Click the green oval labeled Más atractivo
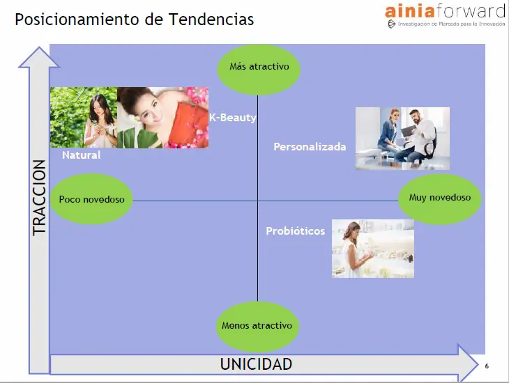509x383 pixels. point(259,70)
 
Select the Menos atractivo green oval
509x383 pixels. point(257,327)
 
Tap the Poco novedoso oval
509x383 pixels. point(91,199)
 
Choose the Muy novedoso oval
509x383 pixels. point(439,199)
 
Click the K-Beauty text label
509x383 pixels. point(233,118)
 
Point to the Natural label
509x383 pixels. point(82,155)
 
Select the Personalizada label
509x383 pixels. point(310,146)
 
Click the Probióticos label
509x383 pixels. point(296,231)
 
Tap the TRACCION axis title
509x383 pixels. point(39,198)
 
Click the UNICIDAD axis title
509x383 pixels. point(256,364)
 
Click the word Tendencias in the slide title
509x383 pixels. point(211,19)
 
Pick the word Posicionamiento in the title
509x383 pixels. point(77,19)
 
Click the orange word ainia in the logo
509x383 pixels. point(410,11)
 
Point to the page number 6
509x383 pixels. point(487,366)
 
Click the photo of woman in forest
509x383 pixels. point(84,118)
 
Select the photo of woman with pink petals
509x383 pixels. point(163,118)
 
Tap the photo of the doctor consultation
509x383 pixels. point(402,139)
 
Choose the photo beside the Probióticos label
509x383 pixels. point(372,249)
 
